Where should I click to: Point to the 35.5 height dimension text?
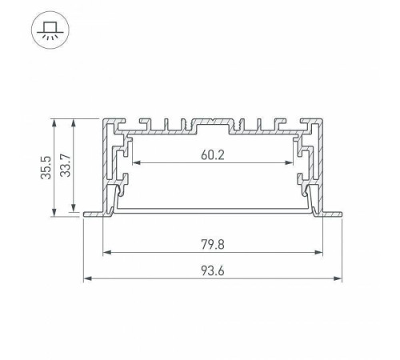click(x=49, y=168)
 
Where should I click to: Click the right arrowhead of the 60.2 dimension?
click(x=292, y=163)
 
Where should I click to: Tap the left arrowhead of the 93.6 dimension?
click(x=86, y=279)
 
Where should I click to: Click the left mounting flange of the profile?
click(x=93, y=214)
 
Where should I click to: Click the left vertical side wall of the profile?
click(x=106, y=168)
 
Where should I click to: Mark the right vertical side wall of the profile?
click(x=319, y=168)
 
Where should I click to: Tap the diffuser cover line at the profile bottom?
click(x=212, y=210)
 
